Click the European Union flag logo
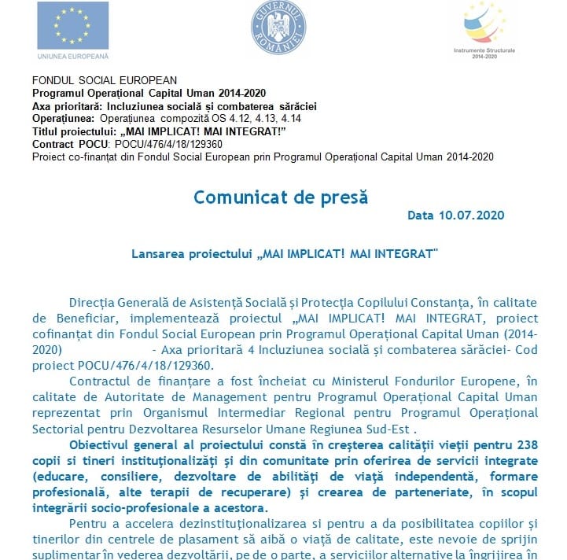tap(72, 26)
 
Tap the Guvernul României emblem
tap(278, 28)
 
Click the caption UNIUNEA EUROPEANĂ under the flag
tap(73, 56)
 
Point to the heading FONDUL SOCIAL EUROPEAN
tap(105, 80)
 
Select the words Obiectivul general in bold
tap(118, 445)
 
